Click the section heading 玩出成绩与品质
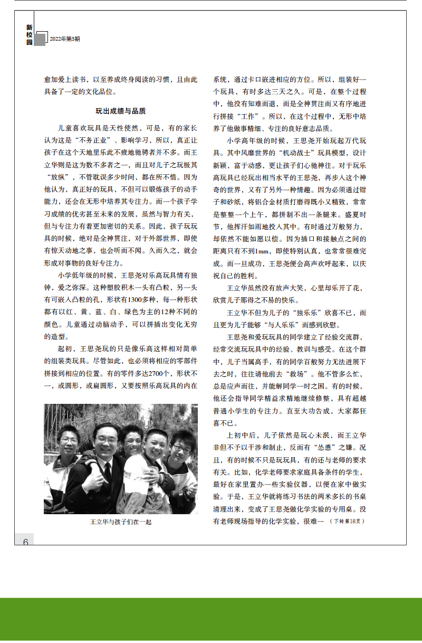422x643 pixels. pos(120,111)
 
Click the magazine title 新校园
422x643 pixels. pos(30,34)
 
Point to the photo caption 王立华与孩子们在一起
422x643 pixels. pos(121,522)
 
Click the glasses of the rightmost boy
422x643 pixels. pos(181,448)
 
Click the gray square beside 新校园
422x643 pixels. pos(40,40)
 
